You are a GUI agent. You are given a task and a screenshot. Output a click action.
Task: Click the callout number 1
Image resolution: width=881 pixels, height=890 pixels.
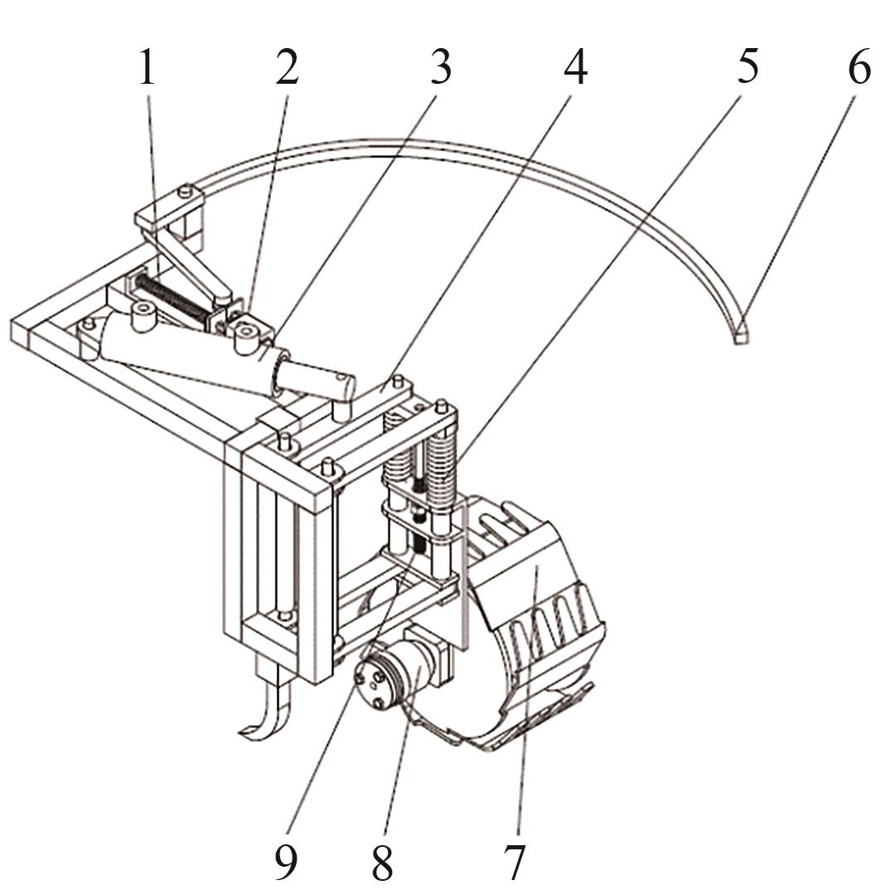[x=147, y=66]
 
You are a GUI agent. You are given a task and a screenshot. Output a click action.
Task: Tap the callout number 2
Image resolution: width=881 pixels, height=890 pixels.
[x=287, y=66]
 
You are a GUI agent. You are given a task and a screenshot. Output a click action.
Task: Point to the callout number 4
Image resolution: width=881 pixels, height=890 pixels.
[x=575, y=66]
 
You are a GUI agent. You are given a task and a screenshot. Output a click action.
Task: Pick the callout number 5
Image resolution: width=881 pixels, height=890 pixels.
[x=747, y=66]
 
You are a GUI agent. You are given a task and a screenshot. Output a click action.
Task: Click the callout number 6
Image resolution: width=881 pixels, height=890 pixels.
[x=859, y=66]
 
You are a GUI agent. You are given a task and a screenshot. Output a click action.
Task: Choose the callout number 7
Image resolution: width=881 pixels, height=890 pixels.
[x=514, y=862]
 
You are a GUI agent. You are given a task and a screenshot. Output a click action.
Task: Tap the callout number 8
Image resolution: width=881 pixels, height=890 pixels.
[x=382, y=862]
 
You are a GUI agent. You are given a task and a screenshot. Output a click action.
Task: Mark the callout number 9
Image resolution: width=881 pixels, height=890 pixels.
[x=285, y=862]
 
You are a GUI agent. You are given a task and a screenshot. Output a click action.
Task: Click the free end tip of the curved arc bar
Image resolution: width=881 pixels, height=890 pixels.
[x=739, y=338]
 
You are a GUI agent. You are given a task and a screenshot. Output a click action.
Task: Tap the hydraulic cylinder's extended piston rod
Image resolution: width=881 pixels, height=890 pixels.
[x=316, y=377]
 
